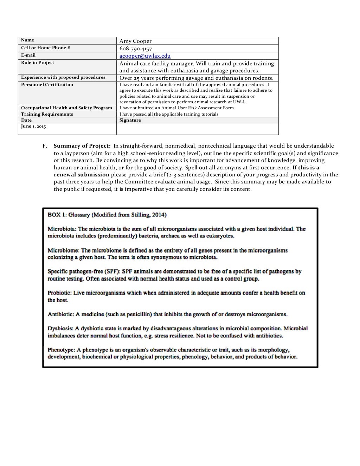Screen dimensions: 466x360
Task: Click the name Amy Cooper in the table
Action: [x=135, y=41]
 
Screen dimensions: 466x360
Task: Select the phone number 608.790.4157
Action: [x=135, y=49]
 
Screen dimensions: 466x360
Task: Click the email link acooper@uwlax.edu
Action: [x=145, y=56]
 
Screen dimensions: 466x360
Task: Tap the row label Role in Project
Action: [x=38, y=63]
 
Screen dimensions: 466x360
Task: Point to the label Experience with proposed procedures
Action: [x=63, y=77]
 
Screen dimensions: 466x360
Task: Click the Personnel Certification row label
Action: [x=47, y=85]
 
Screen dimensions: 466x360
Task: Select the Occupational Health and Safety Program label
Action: [x=66, y=108]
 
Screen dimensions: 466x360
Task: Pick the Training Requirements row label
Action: [x=47, y=114]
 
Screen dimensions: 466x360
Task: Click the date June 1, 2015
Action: [x=33, y=126]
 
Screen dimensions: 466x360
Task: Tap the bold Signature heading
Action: [x=130, y=120]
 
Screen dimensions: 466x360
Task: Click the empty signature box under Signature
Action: [x=197, y=129]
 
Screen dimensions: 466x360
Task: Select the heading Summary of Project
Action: [x=82, y=146]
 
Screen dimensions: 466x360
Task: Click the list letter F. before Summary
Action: [x=45, y=146]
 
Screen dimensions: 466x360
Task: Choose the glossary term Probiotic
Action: [x=59, y=293]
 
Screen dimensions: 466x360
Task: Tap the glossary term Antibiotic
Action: [x=61, y=314]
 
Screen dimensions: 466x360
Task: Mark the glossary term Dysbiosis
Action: [x=60, y=329]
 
